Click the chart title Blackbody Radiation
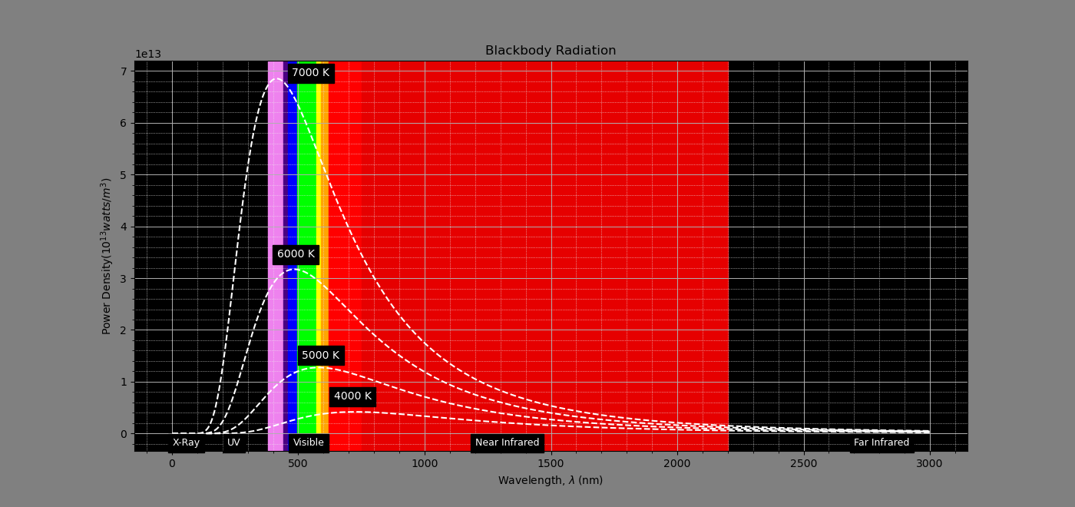550,51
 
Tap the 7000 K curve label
310,73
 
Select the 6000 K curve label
296,254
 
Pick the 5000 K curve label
320,356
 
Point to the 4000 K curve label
352,396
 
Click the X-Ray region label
186,442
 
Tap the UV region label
233,442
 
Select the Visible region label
309,442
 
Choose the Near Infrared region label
507,442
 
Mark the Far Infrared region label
881,442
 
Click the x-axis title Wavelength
550,481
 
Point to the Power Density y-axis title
107,256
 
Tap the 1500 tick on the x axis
551,464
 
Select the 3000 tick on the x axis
929,464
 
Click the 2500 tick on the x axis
803,464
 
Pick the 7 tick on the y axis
123,71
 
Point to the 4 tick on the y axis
123,227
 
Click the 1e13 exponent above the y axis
148,55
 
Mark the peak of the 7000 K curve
276,78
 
